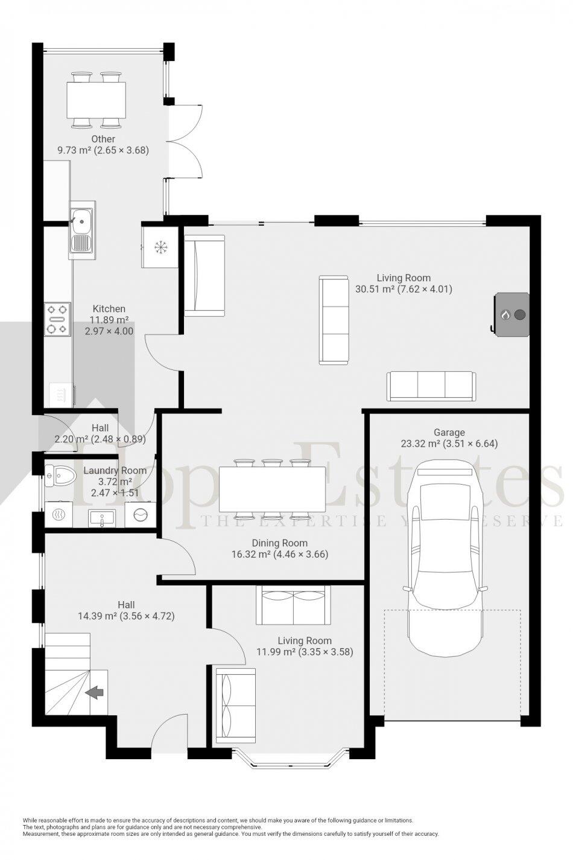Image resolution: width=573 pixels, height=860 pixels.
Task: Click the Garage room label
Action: click(x=449, y=432)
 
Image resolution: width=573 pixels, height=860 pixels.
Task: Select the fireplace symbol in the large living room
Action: click(x=512, y=314)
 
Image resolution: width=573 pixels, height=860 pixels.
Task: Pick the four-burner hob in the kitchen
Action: click(x=57, y=319)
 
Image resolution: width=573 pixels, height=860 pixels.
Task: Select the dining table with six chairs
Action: click(x=273, y=488)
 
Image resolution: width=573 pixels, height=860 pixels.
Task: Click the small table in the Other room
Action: click(x=97, y=100)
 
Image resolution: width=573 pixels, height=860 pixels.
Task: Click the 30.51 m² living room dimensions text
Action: click(x=404, y=289)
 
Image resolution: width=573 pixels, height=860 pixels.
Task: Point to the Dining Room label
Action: click(x=279, y=543)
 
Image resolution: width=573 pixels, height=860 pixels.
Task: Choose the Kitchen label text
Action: click(x=109, y=308)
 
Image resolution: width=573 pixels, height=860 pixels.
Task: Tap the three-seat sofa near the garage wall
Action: click(x=431, y=386)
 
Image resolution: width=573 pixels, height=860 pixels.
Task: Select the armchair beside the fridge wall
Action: click(x=204, y=275)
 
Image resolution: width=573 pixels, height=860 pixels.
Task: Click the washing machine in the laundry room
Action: click(x=141, y=515)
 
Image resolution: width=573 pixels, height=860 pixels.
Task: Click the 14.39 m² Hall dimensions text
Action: click(x=126, y=616)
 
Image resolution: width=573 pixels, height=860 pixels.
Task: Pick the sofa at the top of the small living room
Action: click(x=293, y=605)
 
